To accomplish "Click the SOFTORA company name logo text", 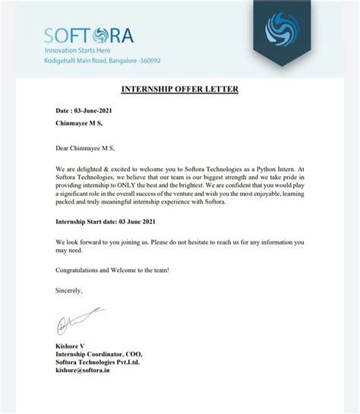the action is click(x=88, y=35).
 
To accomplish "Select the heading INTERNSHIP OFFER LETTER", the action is click(x=180, y=90).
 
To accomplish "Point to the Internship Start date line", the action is click(x=108, y=221).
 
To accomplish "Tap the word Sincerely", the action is click(x=68, y=289).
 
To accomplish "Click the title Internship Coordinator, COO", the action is click(x=99, y=354).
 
